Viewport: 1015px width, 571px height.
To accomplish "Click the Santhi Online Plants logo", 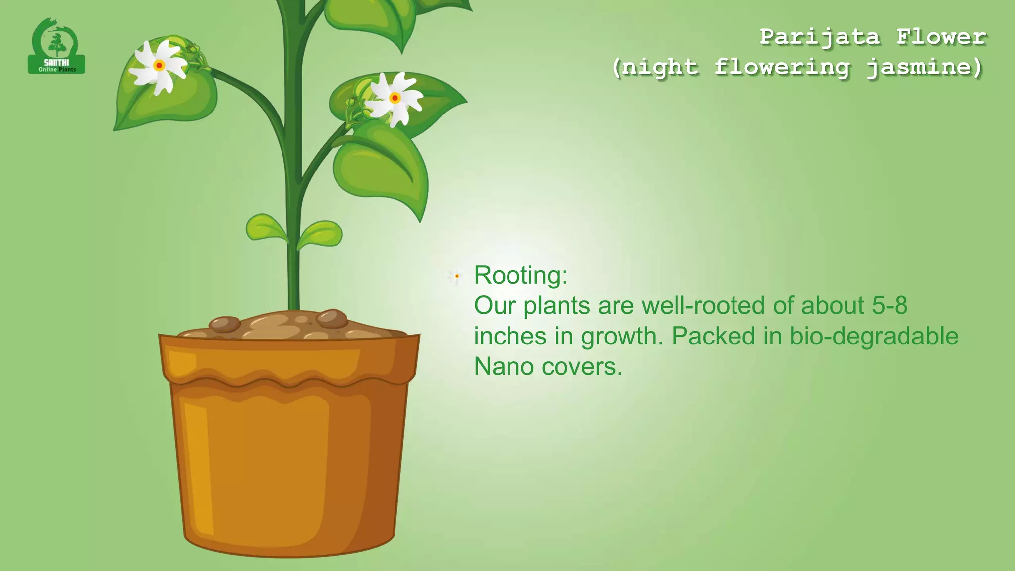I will point(56,46).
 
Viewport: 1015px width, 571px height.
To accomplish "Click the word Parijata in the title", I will point(820,37).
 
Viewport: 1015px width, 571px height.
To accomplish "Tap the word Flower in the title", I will point(941,37).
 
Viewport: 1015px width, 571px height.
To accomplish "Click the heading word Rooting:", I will point(520,275).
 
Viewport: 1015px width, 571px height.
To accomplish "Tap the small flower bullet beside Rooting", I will point(456,276).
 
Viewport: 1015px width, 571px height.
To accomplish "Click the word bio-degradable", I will point(874,336).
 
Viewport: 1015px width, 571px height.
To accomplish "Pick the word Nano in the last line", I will point(504,367).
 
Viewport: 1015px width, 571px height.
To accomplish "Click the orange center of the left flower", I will point(159,65).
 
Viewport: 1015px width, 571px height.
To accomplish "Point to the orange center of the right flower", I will point(395,98).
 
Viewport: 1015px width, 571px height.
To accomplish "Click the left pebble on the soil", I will point(225,324).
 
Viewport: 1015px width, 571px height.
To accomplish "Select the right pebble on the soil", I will point(332,318).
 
